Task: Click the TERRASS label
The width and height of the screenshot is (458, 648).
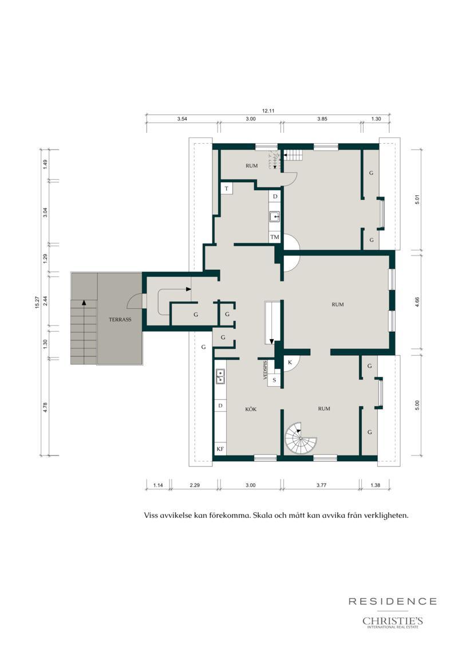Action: [120, 320]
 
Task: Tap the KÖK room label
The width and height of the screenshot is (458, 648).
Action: [251, 409]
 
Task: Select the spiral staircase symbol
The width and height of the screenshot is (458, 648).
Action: [301, 438]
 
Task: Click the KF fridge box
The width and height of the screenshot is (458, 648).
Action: [220, 449]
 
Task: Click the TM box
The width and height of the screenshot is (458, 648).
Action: [275, 237]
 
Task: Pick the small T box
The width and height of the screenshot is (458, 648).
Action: [227, 188]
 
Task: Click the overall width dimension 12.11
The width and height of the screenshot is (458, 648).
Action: [268, 111]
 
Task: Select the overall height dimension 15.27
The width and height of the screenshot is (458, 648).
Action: [37, 303]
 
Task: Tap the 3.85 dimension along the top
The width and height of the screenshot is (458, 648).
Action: [322, 119]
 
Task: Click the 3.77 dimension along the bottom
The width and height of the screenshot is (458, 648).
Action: [321, 485]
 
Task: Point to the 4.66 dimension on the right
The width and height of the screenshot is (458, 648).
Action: [417, 303]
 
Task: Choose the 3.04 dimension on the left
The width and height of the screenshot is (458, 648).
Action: [45, 213]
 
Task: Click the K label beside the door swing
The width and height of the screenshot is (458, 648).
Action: [290, 363]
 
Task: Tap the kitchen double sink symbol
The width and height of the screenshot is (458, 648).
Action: [220, 376]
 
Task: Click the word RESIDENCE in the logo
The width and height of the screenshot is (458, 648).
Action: [393, 601]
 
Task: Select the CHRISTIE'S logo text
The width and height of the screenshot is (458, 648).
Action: [393, 621]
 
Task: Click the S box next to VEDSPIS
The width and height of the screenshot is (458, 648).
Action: [274, 380]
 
